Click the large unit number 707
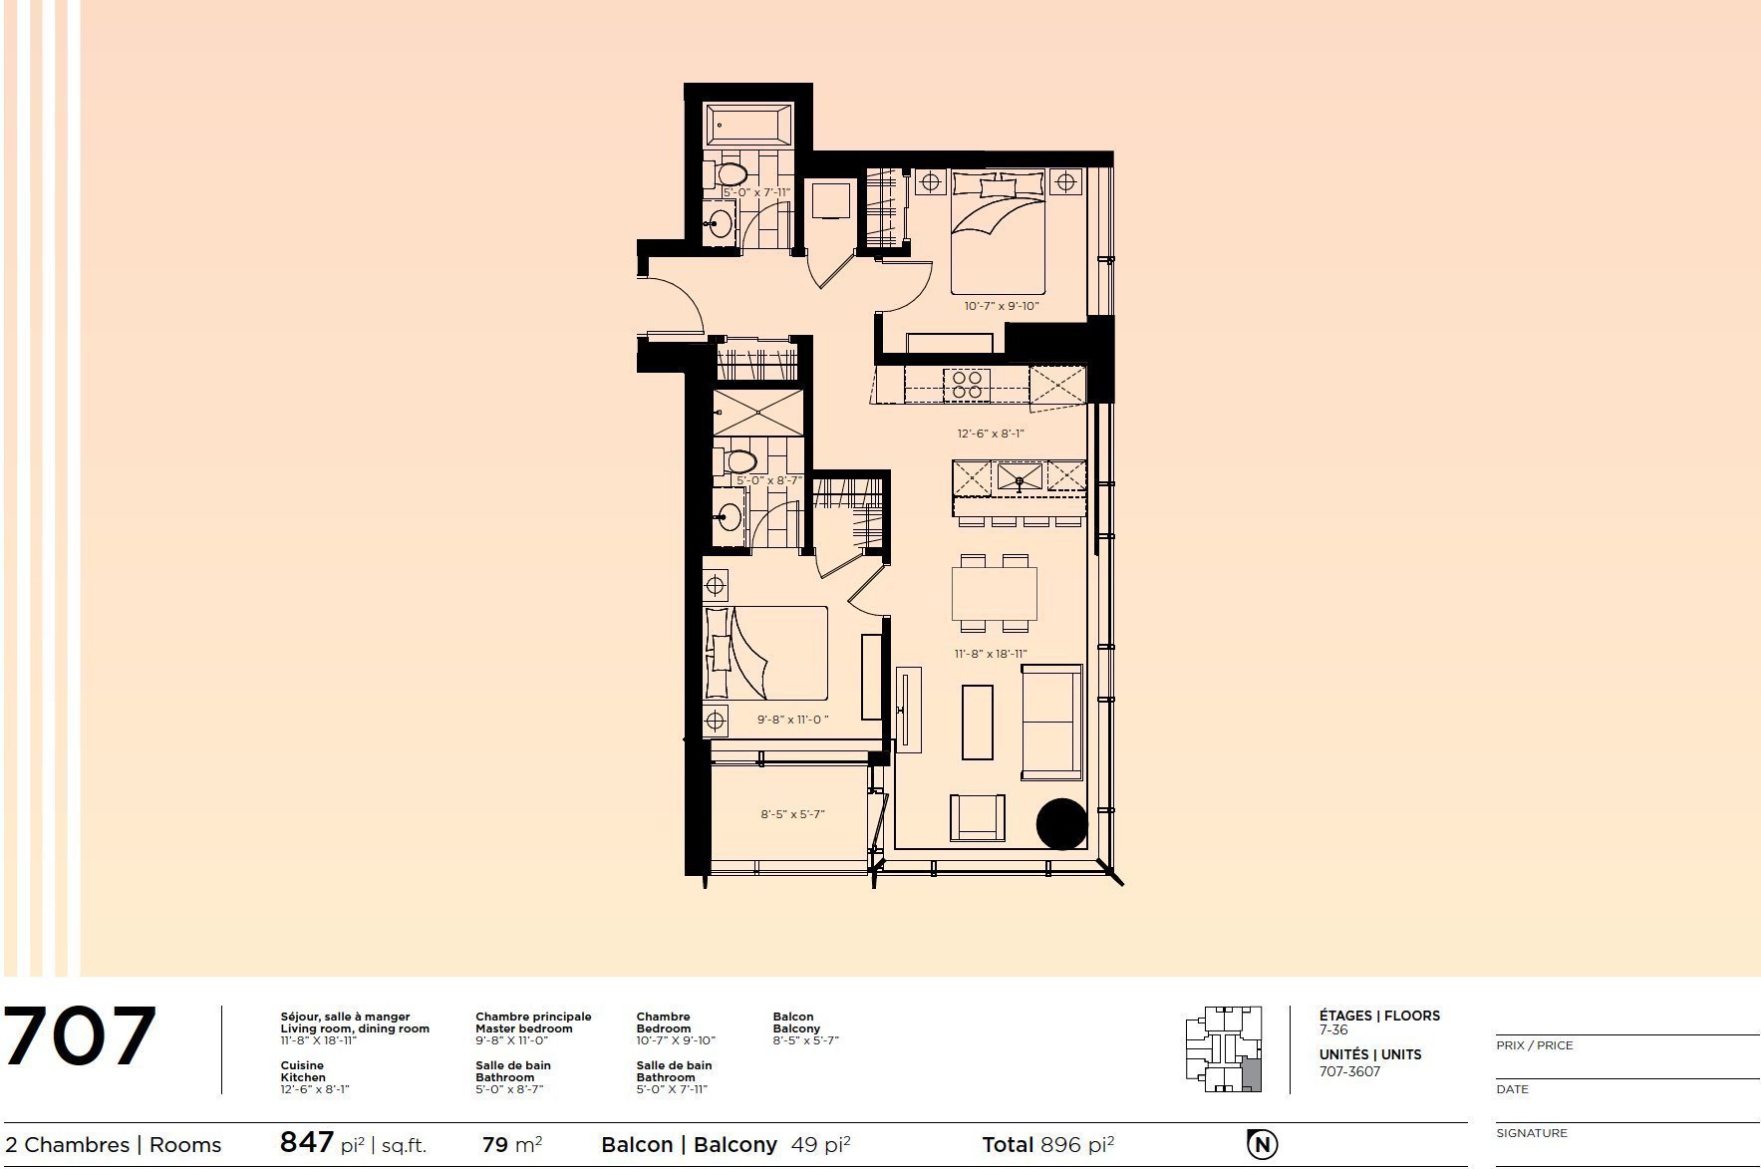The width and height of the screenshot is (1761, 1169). pos(81,1037)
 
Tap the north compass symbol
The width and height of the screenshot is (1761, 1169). pos(1262,1143)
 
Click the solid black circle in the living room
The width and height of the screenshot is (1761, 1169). pos(1061,824)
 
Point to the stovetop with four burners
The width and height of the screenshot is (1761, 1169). pos(967,385)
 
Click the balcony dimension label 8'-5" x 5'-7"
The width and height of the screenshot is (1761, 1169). pos(792,814)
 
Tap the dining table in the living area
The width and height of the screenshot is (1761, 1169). pos(994,594)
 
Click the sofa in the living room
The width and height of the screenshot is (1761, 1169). pos(1051,722)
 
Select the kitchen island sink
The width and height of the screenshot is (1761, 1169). pos(1020,476)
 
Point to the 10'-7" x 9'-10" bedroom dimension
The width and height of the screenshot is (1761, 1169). pos(1002,306)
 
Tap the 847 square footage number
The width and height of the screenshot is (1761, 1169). pos(306,1142)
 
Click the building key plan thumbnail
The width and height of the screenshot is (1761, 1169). pos(1225,1049)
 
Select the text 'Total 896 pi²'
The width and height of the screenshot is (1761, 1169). pos(1047,1144)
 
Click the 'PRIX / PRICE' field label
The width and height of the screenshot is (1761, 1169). pos(1534,1045)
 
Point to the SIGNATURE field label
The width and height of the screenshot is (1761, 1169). pos(1532,1133)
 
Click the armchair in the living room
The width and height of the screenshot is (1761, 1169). pos(977,818)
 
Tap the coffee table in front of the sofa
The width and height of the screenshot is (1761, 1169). pos(977,722)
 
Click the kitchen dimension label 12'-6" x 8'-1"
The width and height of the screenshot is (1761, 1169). pos(991,434)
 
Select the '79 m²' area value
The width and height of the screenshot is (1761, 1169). pos(512,1144)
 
